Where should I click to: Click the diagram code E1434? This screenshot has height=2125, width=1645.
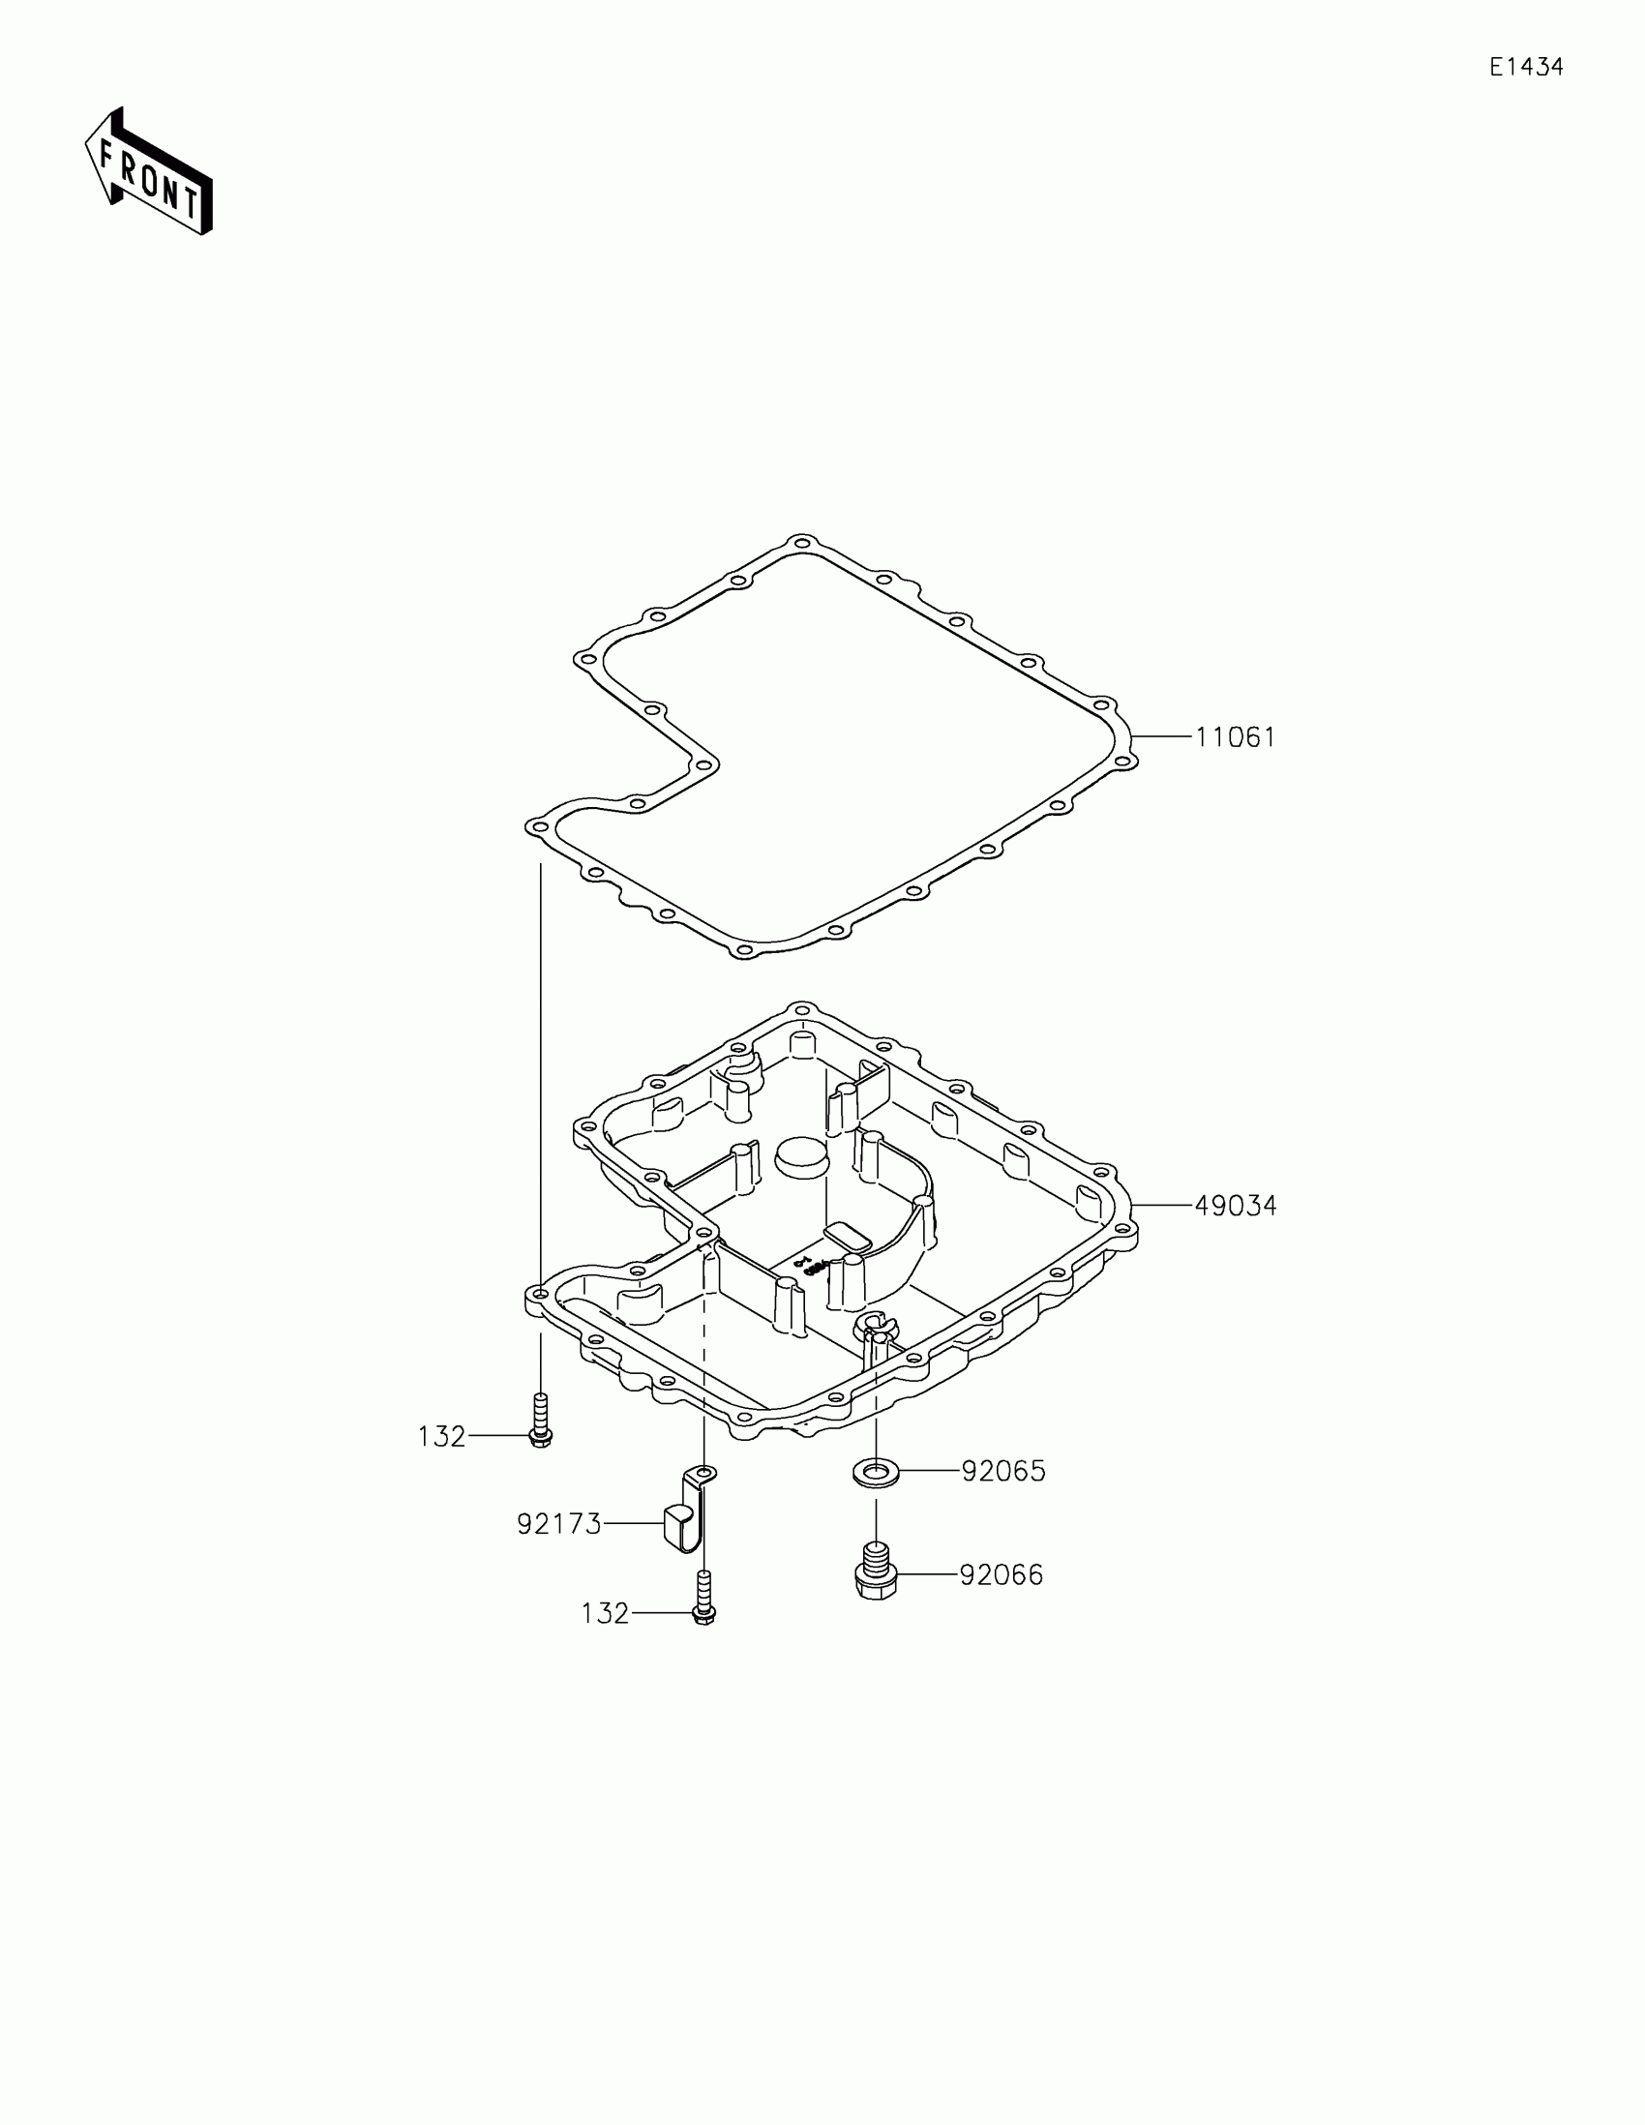(x=1526, y=67)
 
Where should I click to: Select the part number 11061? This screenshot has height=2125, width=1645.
(x=1235, y=737)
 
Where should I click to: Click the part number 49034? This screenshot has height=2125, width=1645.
(x=1235, y=1206)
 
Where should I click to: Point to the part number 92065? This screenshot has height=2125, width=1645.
(x=1002, y=1471)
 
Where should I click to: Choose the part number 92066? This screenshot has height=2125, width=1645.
(x=1001, y=1574)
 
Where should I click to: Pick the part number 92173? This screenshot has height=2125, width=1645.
(x=558, y=1524)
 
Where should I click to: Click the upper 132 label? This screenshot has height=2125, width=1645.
(x=441, y=1437)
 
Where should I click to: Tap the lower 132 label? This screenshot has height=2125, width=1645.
(x=605, y=1614)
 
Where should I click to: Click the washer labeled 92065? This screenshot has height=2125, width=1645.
(x=876, y=1472)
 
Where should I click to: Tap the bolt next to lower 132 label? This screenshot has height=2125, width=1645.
(x=705, y=1599)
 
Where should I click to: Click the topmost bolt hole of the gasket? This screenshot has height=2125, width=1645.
(x=801, y=543)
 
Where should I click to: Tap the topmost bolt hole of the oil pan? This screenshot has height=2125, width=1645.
(x=800, y=1010)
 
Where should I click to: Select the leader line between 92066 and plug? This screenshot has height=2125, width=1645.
(x=927, y=1574)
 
